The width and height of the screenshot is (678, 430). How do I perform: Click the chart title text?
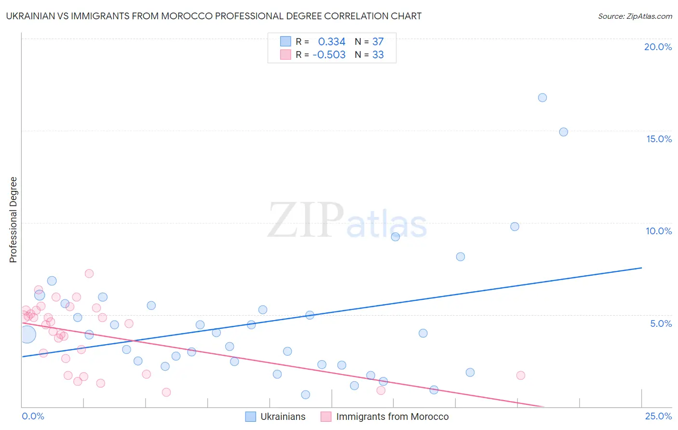pos(214,16)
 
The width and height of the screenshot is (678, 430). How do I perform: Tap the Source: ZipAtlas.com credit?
pos(635,16)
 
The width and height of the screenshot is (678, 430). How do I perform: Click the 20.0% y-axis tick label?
pos(658,47)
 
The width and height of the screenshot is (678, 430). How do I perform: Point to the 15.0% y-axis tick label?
pos(659,139)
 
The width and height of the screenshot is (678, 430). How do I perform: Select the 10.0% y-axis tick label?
pos(659,231)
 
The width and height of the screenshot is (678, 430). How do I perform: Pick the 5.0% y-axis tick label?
pos(661,323)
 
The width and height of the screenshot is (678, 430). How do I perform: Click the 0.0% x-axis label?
pos(33,416)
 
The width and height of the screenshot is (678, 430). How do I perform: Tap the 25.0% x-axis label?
pos(658,416)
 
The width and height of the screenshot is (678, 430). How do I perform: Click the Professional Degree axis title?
pos(13,220)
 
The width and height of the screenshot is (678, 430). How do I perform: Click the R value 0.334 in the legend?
pos(332,42)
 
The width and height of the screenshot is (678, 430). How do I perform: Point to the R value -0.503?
pos(329,55)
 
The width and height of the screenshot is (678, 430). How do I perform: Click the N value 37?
pos(378,42)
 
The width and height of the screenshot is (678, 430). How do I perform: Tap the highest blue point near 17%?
pos(542,97)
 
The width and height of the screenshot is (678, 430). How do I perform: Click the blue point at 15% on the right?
pos(563,132)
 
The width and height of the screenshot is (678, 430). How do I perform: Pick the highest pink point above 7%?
pos(89,273)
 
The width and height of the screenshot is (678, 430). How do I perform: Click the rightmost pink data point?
pos(521,376)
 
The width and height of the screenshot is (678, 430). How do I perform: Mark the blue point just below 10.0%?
pos(515,227)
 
